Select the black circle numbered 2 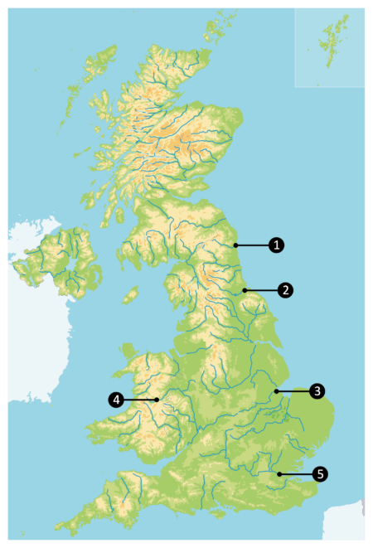click(285, 290)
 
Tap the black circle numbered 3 click(316, 390)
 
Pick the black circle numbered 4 click(116, 400)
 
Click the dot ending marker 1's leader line click(235, 245)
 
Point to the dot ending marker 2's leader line click(245, 290)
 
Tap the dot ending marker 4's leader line click(156, 400)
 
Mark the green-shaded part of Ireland click(62, 261)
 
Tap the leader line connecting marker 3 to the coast click(294, 390)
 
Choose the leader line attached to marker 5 click(298, 474)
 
